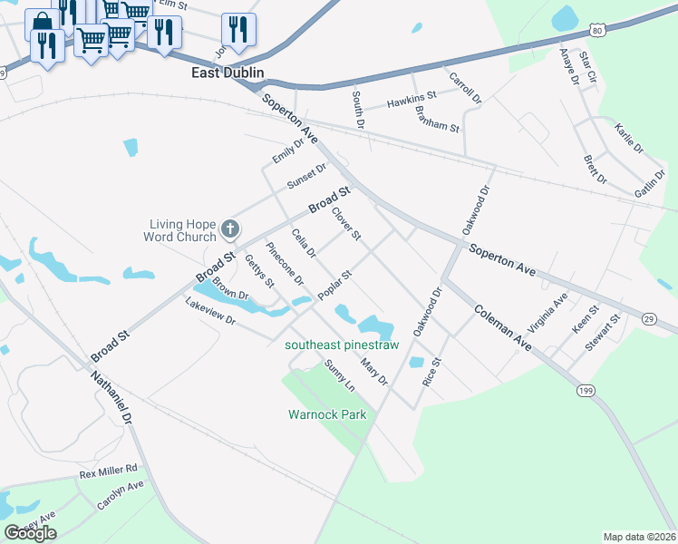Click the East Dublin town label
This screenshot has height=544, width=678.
[227, 73]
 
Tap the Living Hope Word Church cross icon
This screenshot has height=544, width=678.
[230, 228]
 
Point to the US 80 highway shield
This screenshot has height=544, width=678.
[596, 31]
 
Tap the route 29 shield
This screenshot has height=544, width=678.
[649, 318]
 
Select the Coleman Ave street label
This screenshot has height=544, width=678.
[501, 327]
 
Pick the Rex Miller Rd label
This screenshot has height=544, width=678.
[108, 471]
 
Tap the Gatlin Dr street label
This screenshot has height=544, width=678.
[649, 185]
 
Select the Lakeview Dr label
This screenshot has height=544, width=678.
[210, 312]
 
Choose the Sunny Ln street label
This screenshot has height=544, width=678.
[340, 375]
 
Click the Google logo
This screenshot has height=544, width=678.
[30, 533]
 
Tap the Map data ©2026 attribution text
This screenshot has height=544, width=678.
[639, 537]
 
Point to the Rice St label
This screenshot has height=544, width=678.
[431, 373]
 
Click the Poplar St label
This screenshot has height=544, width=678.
[334, 286]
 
